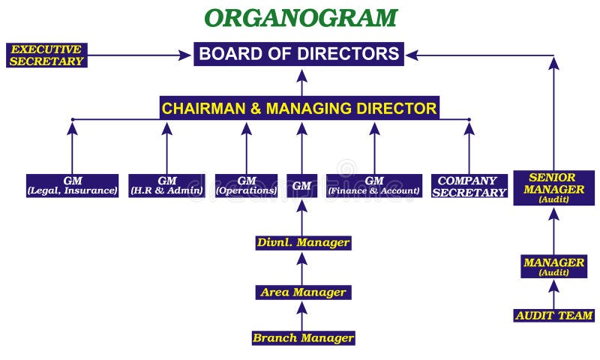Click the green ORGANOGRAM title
tap(301, 17)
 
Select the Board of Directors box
tap(299, 54)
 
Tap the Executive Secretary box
tap(46, 55)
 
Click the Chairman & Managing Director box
tap(299, 107)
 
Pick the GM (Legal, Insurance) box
tap(73, 185)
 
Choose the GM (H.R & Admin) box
tap(167, 185)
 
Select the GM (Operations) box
tap(247, 185)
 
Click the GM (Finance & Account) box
tap(373, 185)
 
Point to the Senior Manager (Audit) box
tap(553, 188)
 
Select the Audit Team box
tap(553, 316)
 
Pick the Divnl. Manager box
tap(302, 242)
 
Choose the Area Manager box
tap(302, 292)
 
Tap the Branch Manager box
tap(302, 337)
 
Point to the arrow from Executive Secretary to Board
tap(139, 55)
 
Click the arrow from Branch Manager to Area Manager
tap(302, 315)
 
